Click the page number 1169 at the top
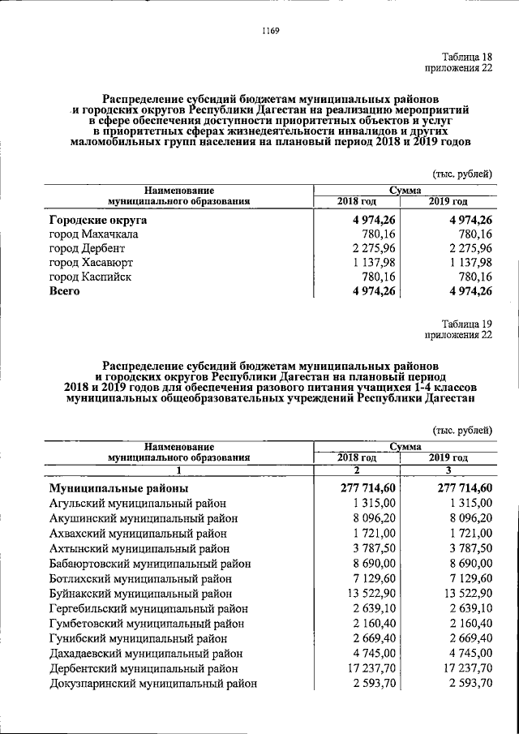click(270, 32)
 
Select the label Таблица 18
click(466, 56)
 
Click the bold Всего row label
click(64, 291)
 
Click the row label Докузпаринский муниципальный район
click(153, 684)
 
